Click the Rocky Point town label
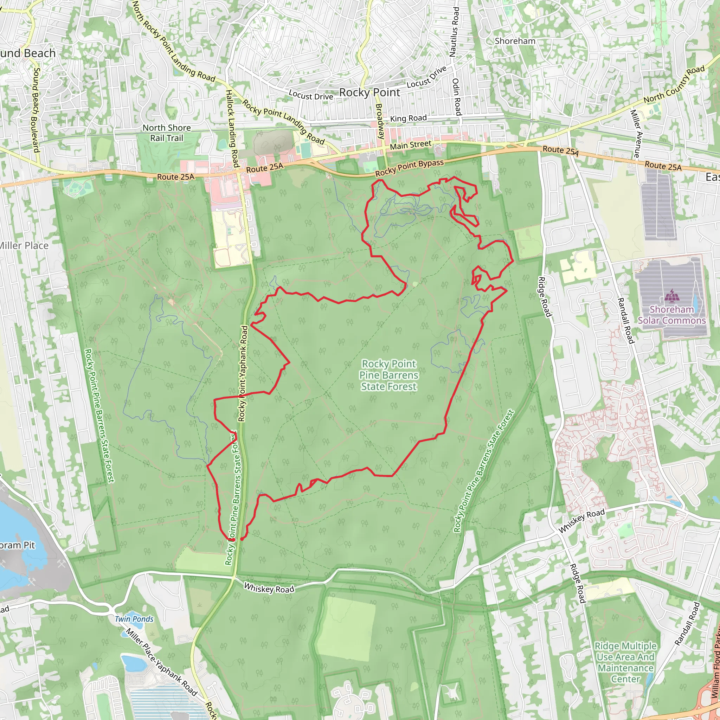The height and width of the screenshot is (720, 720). click(369, 92)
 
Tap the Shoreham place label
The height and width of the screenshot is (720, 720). click(515, 41)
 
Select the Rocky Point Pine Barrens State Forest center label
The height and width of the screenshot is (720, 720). click(389, 375)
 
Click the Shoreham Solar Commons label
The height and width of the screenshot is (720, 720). click(671, 315)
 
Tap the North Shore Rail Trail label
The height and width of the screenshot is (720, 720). click(167, 133)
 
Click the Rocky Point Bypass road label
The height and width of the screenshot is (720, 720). click(409, 168)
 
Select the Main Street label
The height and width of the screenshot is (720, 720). click(410, 145)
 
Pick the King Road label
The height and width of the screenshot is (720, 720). click(408, 118)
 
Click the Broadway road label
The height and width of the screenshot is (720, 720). click(379, 122)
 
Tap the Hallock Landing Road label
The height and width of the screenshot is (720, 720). click(232, 128)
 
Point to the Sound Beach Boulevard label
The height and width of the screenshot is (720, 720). click(36, 110)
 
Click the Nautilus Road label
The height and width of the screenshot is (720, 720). click(455, 32)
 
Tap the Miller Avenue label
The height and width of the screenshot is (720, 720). click(636, 133)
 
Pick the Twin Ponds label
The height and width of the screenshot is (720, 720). click(134, 619)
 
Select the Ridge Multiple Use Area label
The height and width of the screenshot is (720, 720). click(625, 662)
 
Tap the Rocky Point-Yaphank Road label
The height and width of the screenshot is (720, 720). click(243, 373)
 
